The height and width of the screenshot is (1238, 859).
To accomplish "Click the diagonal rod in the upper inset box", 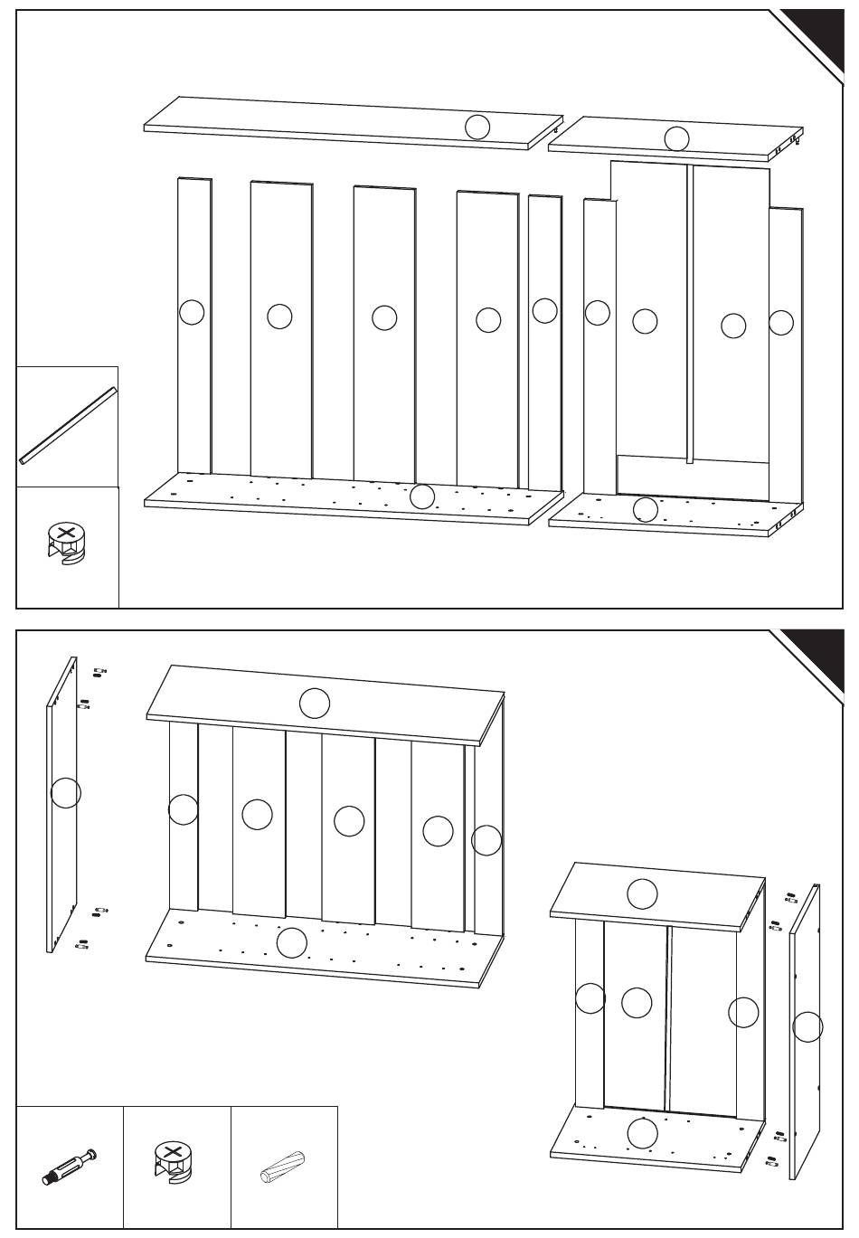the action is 68,425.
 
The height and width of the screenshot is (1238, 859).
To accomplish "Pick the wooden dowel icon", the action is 284,1166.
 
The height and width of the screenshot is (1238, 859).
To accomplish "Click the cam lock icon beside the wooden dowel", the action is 174,1162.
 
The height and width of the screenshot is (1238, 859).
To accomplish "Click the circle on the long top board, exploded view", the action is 477,128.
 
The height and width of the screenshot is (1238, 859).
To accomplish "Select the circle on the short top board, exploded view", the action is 676,139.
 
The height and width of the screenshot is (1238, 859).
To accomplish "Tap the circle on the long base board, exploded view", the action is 422,496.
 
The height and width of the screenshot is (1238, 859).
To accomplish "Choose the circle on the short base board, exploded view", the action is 645,509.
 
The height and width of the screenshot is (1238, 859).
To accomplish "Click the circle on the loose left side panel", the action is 66,792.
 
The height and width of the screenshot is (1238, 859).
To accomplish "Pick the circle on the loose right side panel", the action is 807,1026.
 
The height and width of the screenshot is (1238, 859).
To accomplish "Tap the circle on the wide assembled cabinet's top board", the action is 315,703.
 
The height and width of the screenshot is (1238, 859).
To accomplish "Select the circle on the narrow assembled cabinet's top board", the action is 643,893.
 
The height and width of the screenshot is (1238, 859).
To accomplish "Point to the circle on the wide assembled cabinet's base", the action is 291,943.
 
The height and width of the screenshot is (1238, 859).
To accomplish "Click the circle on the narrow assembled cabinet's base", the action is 642,1133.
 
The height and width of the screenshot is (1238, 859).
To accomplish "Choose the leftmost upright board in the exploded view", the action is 194,326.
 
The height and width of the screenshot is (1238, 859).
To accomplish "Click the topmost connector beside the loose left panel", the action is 99,671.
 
